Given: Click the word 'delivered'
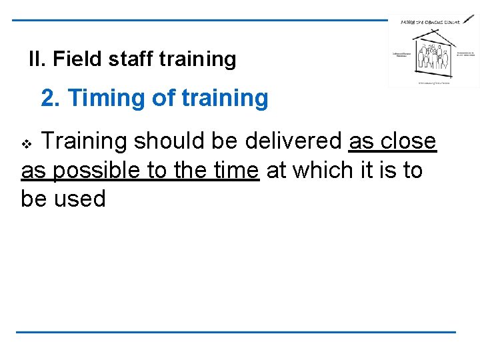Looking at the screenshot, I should [293, 142].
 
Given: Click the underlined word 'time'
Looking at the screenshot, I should [235, 171].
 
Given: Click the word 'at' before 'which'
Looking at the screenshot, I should [277, 171].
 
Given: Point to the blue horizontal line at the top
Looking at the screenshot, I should [200, 20].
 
